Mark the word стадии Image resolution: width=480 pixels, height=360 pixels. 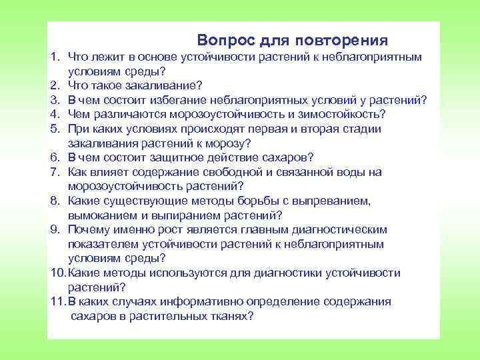point(344,129)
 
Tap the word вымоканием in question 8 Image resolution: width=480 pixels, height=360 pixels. point(99,215)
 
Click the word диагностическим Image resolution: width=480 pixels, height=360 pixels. point(342,229)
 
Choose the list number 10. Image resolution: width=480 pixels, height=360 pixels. point(57,273)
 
